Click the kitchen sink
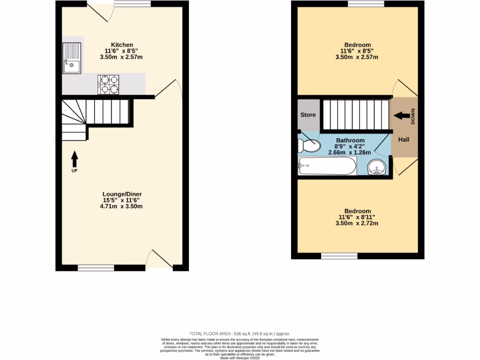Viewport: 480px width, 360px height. click(72, 59)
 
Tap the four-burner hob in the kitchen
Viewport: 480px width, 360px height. click(108, 85)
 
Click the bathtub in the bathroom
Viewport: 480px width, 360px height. click(327, 165)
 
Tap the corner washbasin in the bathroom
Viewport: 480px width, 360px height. click(377, 167)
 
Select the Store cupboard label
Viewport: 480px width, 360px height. click(308, 115)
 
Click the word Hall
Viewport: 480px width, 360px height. click(404, 140)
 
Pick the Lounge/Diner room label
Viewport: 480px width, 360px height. click(122, 194)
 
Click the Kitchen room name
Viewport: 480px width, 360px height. click(122, 45)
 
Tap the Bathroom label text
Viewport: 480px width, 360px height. click(350, 140)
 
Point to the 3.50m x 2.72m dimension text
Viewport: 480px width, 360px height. click(357, 223)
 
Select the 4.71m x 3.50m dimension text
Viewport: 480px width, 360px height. click(122, 206)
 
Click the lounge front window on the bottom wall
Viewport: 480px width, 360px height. click(96, 268)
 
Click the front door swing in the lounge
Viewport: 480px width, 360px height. click(159, 259)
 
